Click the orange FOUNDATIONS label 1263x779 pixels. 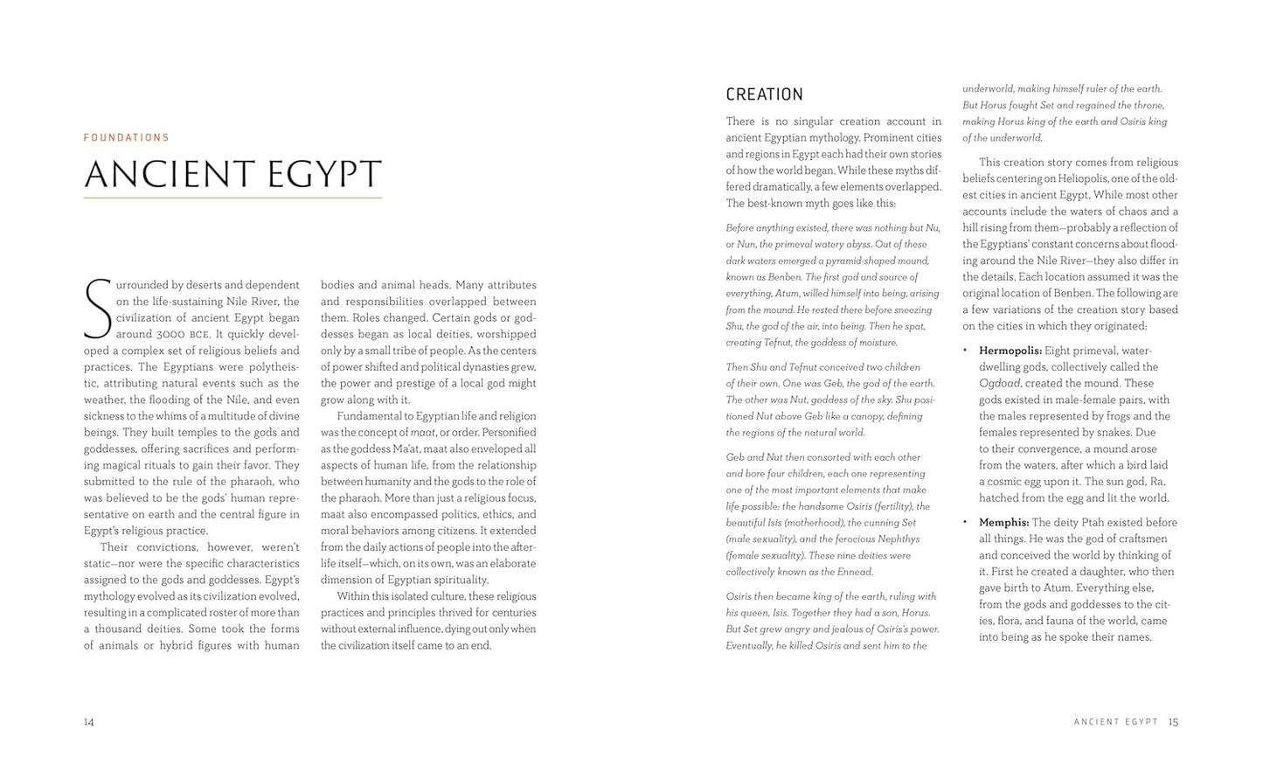tap(127, 137)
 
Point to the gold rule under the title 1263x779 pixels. tap(232, 198)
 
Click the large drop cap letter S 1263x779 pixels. tap(97, 309)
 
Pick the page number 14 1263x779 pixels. tap(89, 722)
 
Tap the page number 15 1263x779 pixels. tap(1173, 722)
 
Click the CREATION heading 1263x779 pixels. tap(764, 94)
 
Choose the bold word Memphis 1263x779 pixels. tap(1003, 523)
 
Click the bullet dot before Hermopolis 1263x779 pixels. tap(965, 351)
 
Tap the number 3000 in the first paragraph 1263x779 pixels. tap(171, 334)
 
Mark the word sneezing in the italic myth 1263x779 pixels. tap(910, 310)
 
